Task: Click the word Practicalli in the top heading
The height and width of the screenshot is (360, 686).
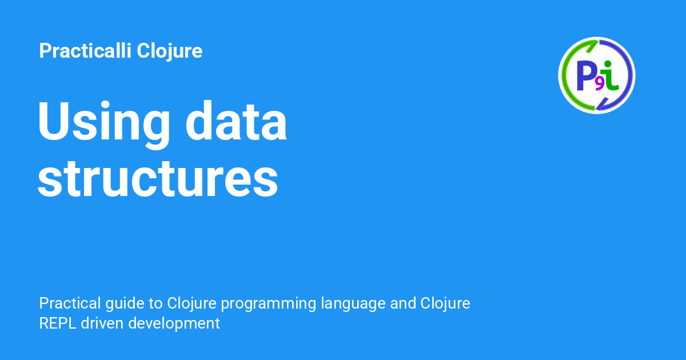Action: click(x=85, y=50)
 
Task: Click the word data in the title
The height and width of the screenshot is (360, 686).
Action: click(x=236, y=121)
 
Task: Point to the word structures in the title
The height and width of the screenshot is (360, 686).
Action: click(x=158, y=179)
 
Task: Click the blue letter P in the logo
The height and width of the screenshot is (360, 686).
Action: click(x=586, y=75)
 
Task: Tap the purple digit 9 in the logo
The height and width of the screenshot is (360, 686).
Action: click(x=599, y=85)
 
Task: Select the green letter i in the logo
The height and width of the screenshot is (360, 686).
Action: click(x=610, y=75)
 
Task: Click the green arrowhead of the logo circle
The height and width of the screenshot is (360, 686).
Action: click(x=592, y=46)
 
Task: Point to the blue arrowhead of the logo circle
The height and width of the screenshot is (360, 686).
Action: click(x=601, y=104)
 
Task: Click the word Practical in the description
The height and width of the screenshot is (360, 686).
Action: click(x=70, y=303)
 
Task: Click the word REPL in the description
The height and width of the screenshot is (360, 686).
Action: click(x=58, y=323)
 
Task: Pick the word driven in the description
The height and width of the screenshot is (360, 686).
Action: click(x=102, y=323)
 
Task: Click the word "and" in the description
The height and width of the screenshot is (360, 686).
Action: click(x=403, y=303)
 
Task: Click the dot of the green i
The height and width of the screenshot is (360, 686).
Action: click(x=608, y=63)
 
